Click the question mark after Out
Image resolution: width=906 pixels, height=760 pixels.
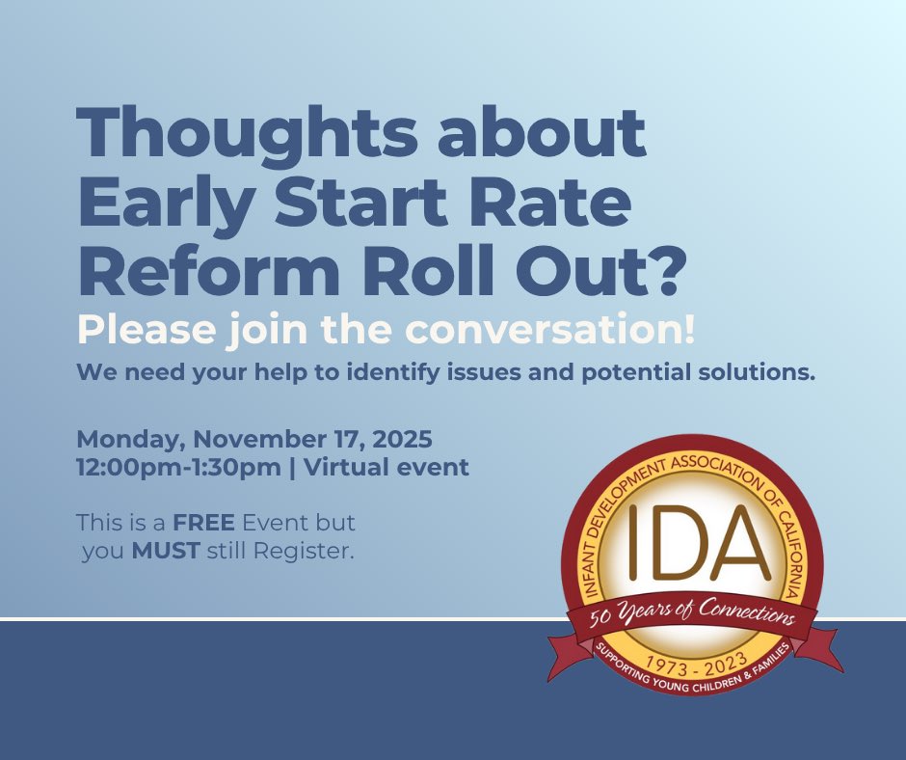pos(666,272)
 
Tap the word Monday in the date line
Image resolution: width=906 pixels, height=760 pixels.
pos(131,440)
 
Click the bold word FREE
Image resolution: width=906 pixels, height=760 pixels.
pos(204,525)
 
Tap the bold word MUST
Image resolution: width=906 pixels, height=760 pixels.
pos(166,555)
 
